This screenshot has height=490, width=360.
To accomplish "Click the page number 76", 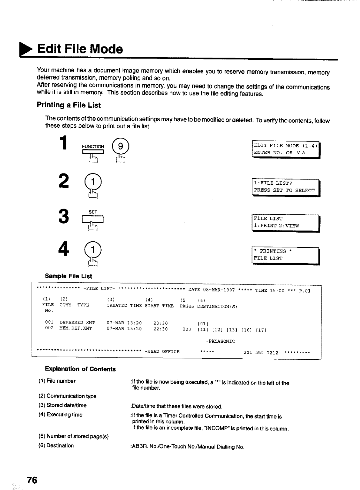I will (32, 480).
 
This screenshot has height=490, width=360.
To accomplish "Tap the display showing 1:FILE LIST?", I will (286, 187).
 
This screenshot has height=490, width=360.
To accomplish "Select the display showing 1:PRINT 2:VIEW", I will (286, 222).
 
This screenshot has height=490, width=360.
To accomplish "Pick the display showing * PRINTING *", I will (286, 255).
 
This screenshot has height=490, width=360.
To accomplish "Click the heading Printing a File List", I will (68, 105).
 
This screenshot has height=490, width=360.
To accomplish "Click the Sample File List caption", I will (68, 276).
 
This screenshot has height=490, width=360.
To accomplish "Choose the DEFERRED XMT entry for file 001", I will (77, 323).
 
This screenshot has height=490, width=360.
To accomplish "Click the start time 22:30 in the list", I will (160, 329).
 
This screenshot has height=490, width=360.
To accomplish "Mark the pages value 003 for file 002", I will (187, 329).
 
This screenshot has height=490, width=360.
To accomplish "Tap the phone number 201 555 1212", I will (260, 352).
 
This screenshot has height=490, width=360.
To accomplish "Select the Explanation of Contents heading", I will (80, 369).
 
